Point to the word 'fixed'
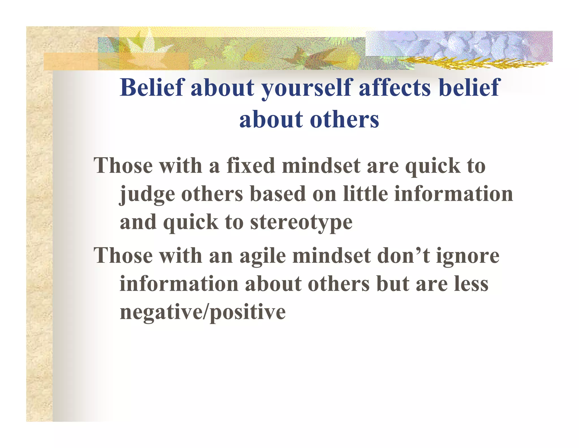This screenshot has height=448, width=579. point(250,166)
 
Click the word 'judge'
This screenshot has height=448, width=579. point(147,195)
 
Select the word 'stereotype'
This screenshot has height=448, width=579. point(301,223)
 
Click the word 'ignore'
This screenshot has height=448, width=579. point(468,256)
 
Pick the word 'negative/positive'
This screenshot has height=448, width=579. point(203,312)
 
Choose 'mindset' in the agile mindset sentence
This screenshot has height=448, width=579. point(331,255)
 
